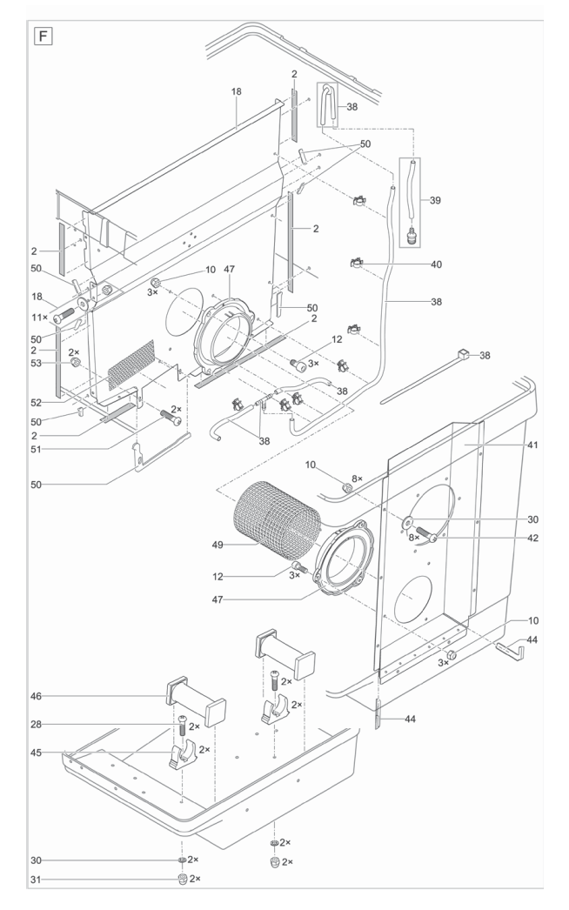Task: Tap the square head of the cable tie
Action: click(x=464, y=355)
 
